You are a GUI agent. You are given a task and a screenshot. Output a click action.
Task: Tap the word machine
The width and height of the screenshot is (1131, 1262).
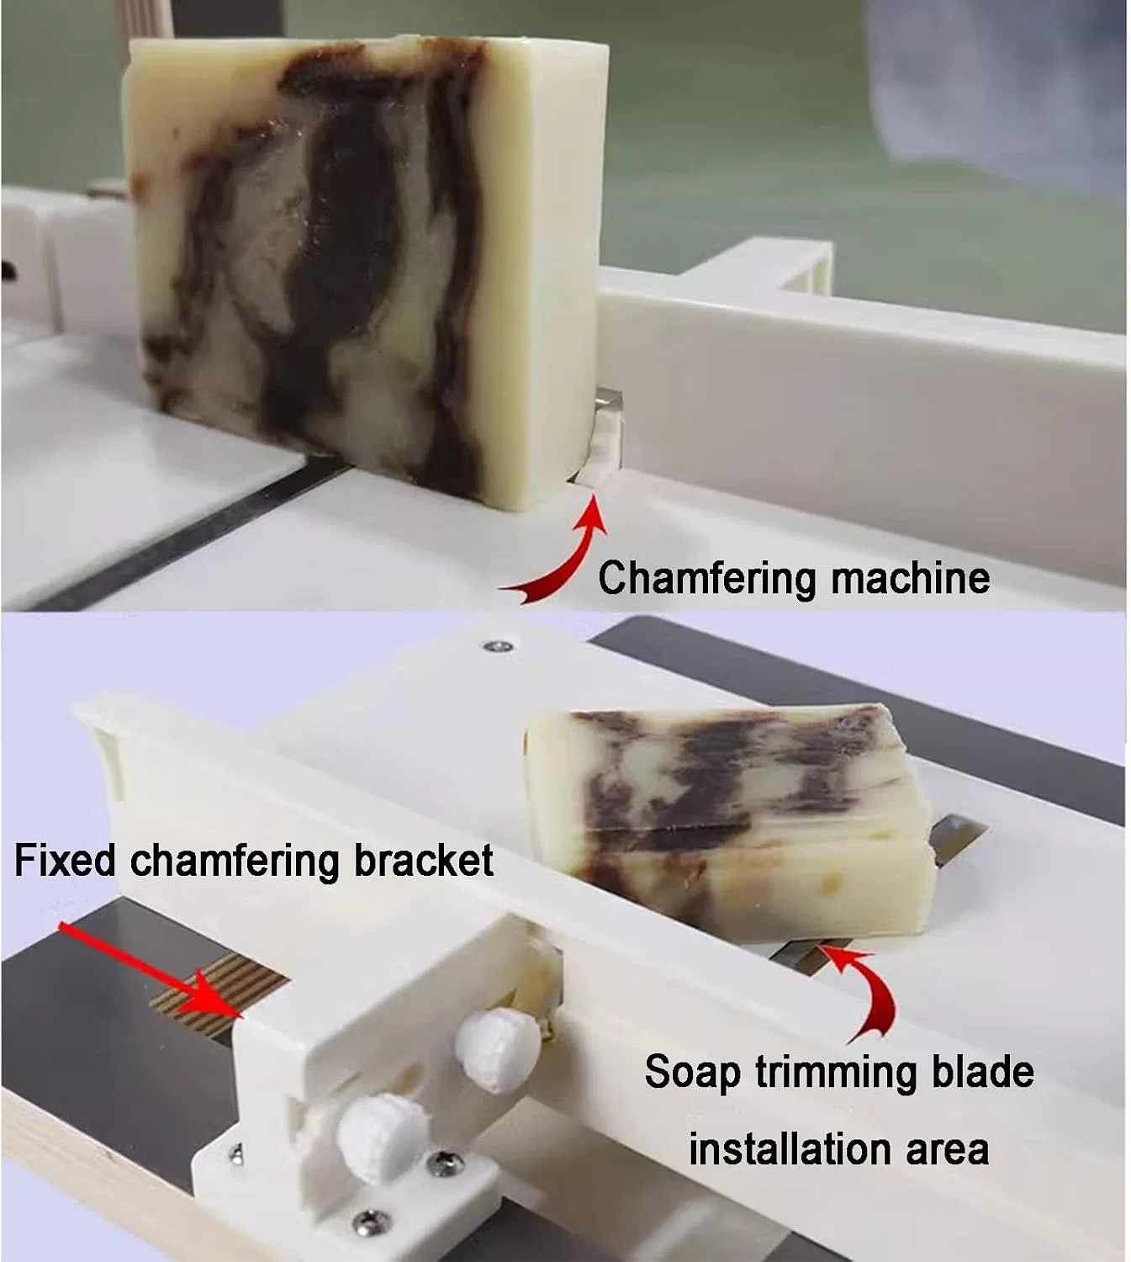[910, 577]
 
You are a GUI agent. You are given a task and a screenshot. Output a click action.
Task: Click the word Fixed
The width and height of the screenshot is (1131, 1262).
[65, 860]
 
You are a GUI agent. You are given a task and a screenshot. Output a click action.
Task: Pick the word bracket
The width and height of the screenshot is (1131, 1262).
[424, 860]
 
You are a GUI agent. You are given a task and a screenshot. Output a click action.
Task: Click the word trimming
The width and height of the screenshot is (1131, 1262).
[837, 1074]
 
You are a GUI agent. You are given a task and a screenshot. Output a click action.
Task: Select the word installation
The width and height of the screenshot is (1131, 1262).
[791, 1148]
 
